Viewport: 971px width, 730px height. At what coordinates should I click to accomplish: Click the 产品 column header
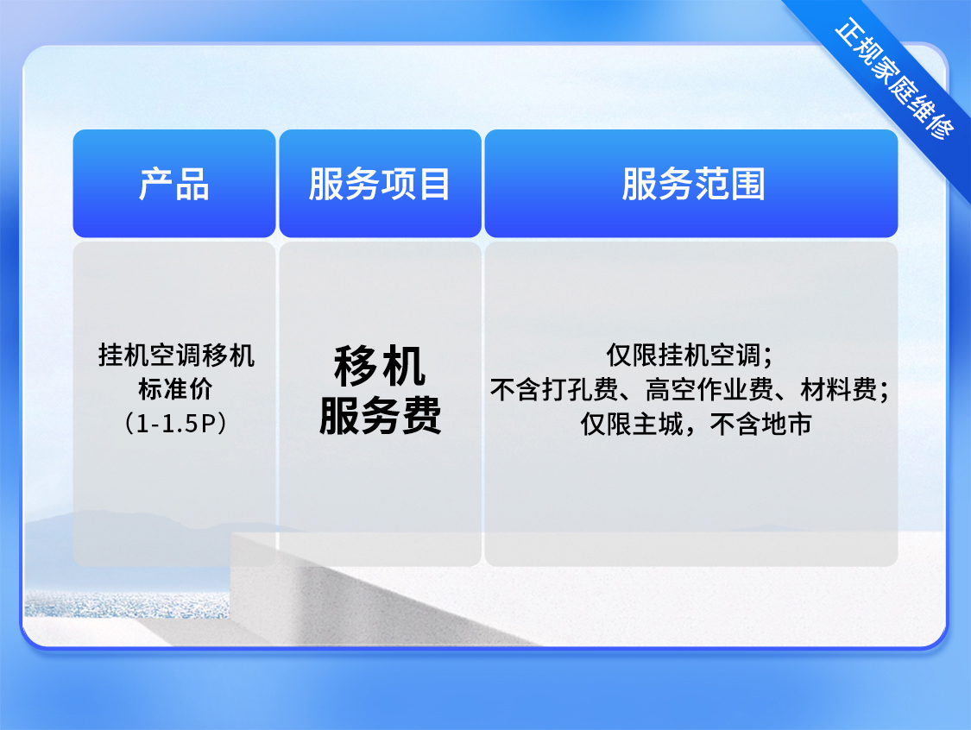tap(174, 183)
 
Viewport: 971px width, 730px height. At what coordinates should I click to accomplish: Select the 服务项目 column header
tap(380, 183)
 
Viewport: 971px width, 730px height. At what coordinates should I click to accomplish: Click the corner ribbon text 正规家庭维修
tap(893, 79)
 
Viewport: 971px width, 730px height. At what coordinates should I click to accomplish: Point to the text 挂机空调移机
tap(176, 356)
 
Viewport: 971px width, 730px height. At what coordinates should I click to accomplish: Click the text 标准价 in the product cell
tap(176, 389)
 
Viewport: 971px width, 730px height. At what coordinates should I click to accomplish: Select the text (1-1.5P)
tap(176, 424)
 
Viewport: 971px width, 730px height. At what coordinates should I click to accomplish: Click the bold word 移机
tap(380, 366)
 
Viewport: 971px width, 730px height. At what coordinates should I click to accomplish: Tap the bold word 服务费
tap(380, 414)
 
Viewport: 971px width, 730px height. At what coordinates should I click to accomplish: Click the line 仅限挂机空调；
tap(690, 356)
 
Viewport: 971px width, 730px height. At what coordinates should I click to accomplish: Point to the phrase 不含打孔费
tap(554, 389)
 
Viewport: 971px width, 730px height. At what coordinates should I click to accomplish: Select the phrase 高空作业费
tap(709, 389)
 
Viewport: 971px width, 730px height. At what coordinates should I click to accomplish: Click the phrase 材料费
tap(839, 389)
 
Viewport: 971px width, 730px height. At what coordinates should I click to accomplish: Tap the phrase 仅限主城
tap(632, 425)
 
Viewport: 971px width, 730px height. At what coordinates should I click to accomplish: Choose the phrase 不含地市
tap(760, 425)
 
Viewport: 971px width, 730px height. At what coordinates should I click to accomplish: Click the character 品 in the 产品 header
tap(192, 184)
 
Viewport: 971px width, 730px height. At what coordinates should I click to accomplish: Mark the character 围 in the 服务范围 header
tap(747, 184)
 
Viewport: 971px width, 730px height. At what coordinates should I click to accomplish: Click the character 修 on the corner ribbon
tap(941, 126)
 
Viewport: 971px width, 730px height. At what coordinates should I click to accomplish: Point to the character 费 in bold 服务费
tap(421, 414)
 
